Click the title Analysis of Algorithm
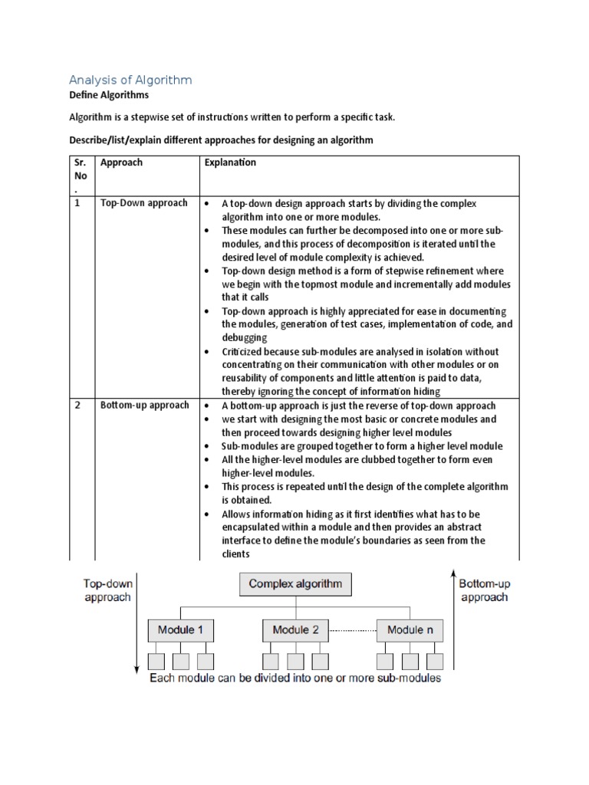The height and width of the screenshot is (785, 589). tap(130, 80)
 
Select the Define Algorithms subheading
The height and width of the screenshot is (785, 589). tap(109, 96)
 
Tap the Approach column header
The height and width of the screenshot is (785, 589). tap(121, 163)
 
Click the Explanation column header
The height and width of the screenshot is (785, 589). tap(230, 163)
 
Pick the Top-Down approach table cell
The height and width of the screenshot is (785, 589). tap(143, 203)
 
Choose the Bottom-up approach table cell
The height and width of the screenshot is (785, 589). tap(144, 405)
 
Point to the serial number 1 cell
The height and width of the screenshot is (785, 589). tap(77, 203)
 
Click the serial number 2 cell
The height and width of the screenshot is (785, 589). tap(77, 405)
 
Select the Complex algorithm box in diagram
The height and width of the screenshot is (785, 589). tap(295, 585)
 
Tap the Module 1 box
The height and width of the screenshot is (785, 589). tap(180, 630)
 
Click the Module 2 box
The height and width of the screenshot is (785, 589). tap(295, 630)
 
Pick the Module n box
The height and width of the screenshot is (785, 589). tap(410, 630)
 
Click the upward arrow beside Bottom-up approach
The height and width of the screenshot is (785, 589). tap(454, 621)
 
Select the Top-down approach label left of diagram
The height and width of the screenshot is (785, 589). tap(107, 590)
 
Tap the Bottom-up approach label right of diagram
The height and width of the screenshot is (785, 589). tap(484, 590)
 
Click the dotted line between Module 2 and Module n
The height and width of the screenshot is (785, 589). tap(352, 630)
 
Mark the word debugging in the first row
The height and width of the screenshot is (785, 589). tap(245, 337)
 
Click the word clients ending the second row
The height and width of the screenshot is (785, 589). tap(235, 553)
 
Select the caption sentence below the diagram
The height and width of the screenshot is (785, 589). tap(295, 678)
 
